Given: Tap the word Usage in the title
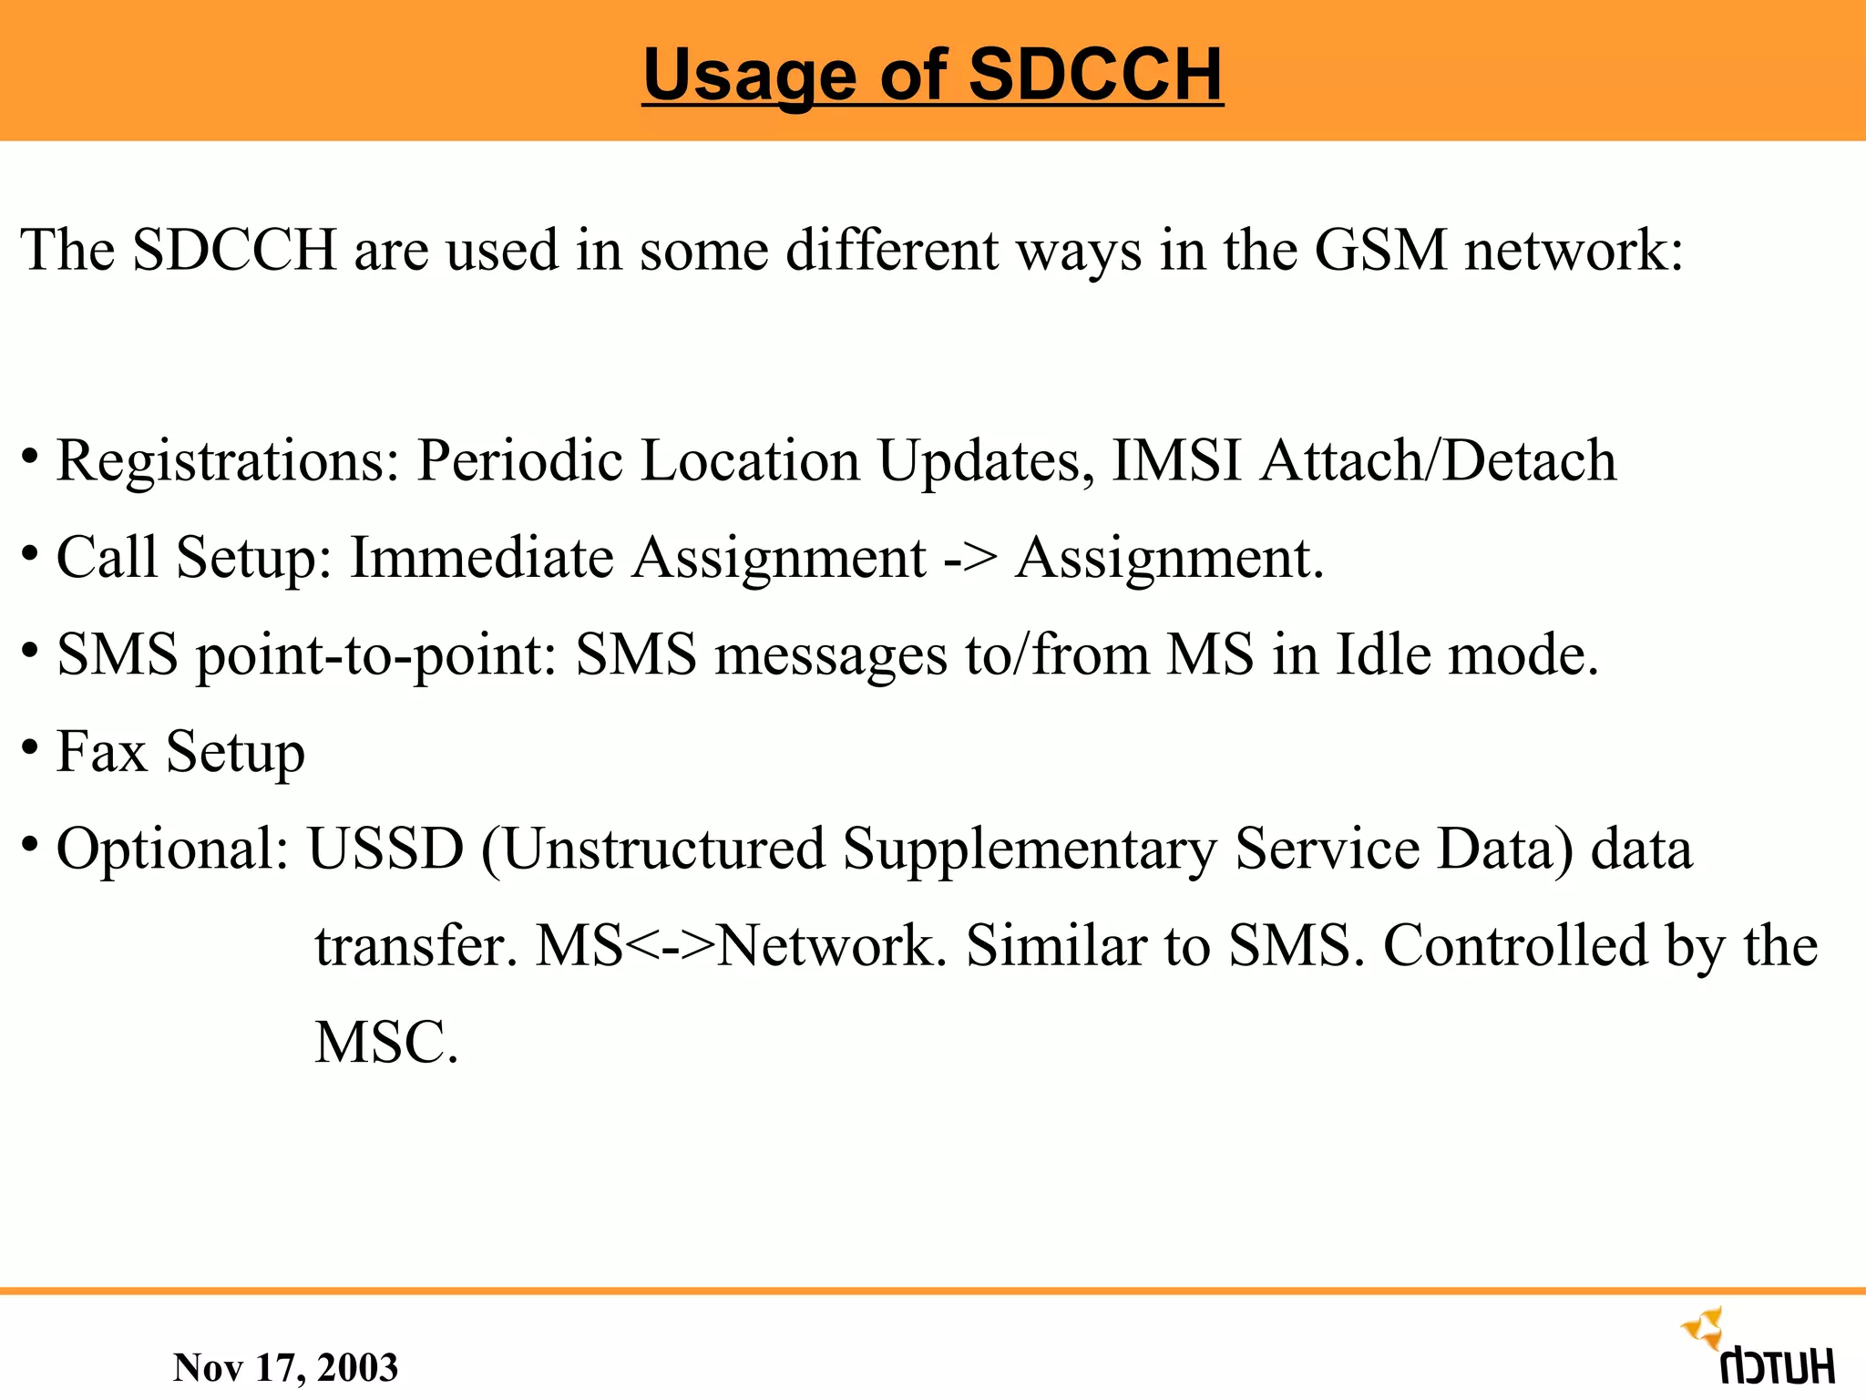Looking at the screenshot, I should click(x=750, y=76).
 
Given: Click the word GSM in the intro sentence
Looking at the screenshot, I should click(x=1380, y=250).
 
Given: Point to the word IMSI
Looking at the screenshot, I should click(x=1177, y=460).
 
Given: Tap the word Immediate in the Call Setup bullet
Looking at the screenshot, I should click(x=482, y=558).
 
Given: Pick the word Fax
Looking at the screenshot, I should click(x=101, y=752).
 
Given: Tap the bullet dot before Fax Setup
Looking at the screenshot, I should click(x=30, y=747).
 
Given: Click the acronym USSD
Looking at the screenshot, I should click(x=385, y=849).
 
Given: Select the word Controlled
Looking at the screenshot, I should click(x=1515, y=946).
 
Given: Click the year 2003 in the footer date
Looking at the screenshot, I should click(x=357, y=1368).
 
